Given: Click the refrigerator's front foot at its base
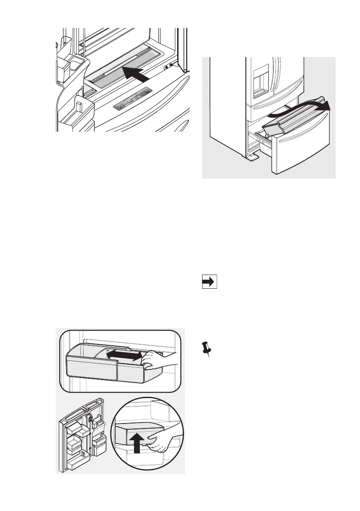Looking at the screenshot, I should click(253, 157).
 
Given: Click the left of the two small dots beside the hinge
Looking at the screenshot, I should click(166, 67).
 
